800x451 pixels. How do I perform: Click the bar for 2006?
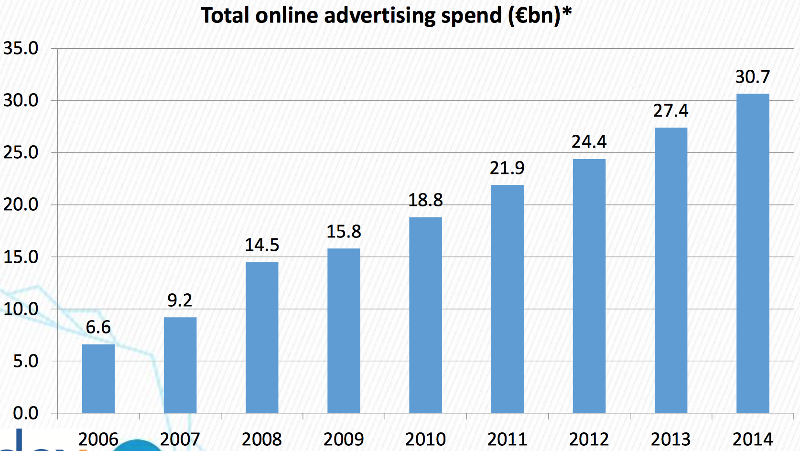[98, 378]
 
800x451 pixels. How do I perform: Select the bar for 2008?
[261, 337]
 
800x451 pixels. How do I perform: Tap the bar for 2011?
[507, 299]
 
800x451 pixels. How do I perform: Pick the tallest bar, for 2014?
[752, 253]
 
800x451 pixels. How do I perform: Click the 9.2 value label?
[180, 301]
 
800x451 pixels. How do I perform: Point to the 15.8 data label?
[344, 232]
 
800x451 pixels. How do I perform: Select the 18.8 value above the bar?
[425, 200]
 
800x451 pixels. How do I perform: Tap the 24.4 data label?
[589, 142]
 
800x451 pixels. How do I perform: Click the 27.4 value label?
[670, 111]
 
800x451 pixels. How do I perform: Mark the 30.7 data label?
[752, 77]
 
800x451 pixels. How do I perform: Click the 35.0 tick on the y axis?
[21, 48]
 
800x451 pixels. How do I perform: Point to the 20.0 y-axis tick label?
[21, 204]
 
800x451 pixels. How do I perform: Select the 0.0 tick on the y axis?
[25, 413]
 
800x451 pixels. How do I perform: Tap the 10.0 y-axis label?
[21, 309]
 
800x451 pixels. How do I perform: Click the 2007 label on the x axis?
[180, 439]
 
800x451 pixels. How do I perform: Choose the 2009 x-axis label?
[344, 439]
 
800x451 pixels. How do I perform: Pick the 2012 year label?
[589, 439]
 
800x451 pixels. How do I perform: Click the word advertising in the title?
[379, 16]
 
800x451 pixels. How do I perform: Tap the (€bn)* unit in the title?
[540, 16]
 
